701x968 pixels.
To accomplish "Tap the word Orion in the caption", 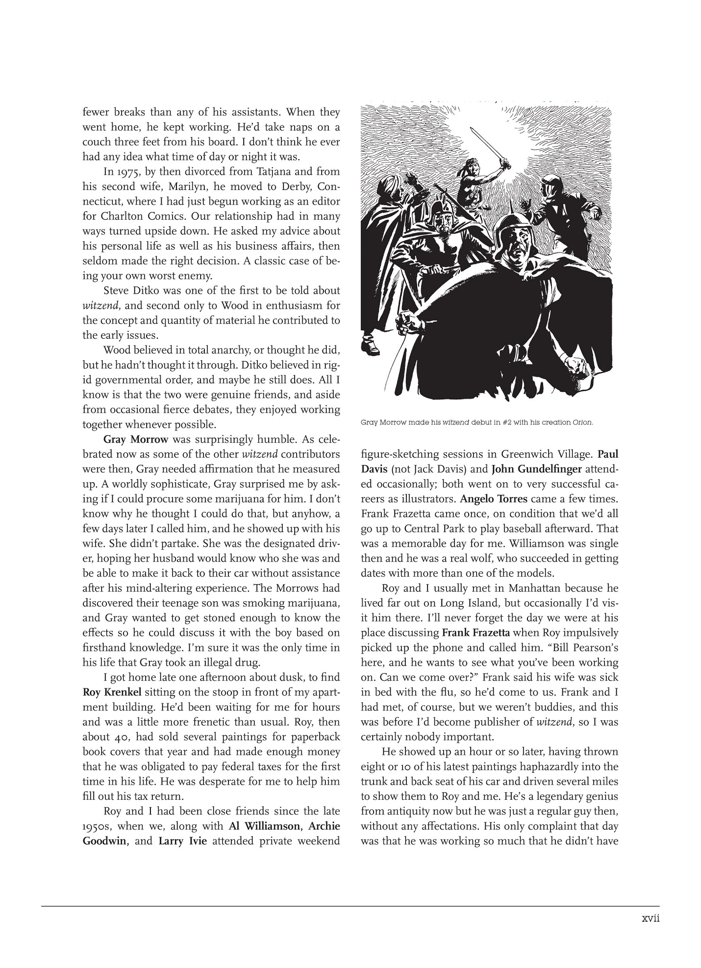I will [582, 423].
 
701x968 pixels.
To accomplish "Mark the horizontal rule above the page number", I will [350, 906].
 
